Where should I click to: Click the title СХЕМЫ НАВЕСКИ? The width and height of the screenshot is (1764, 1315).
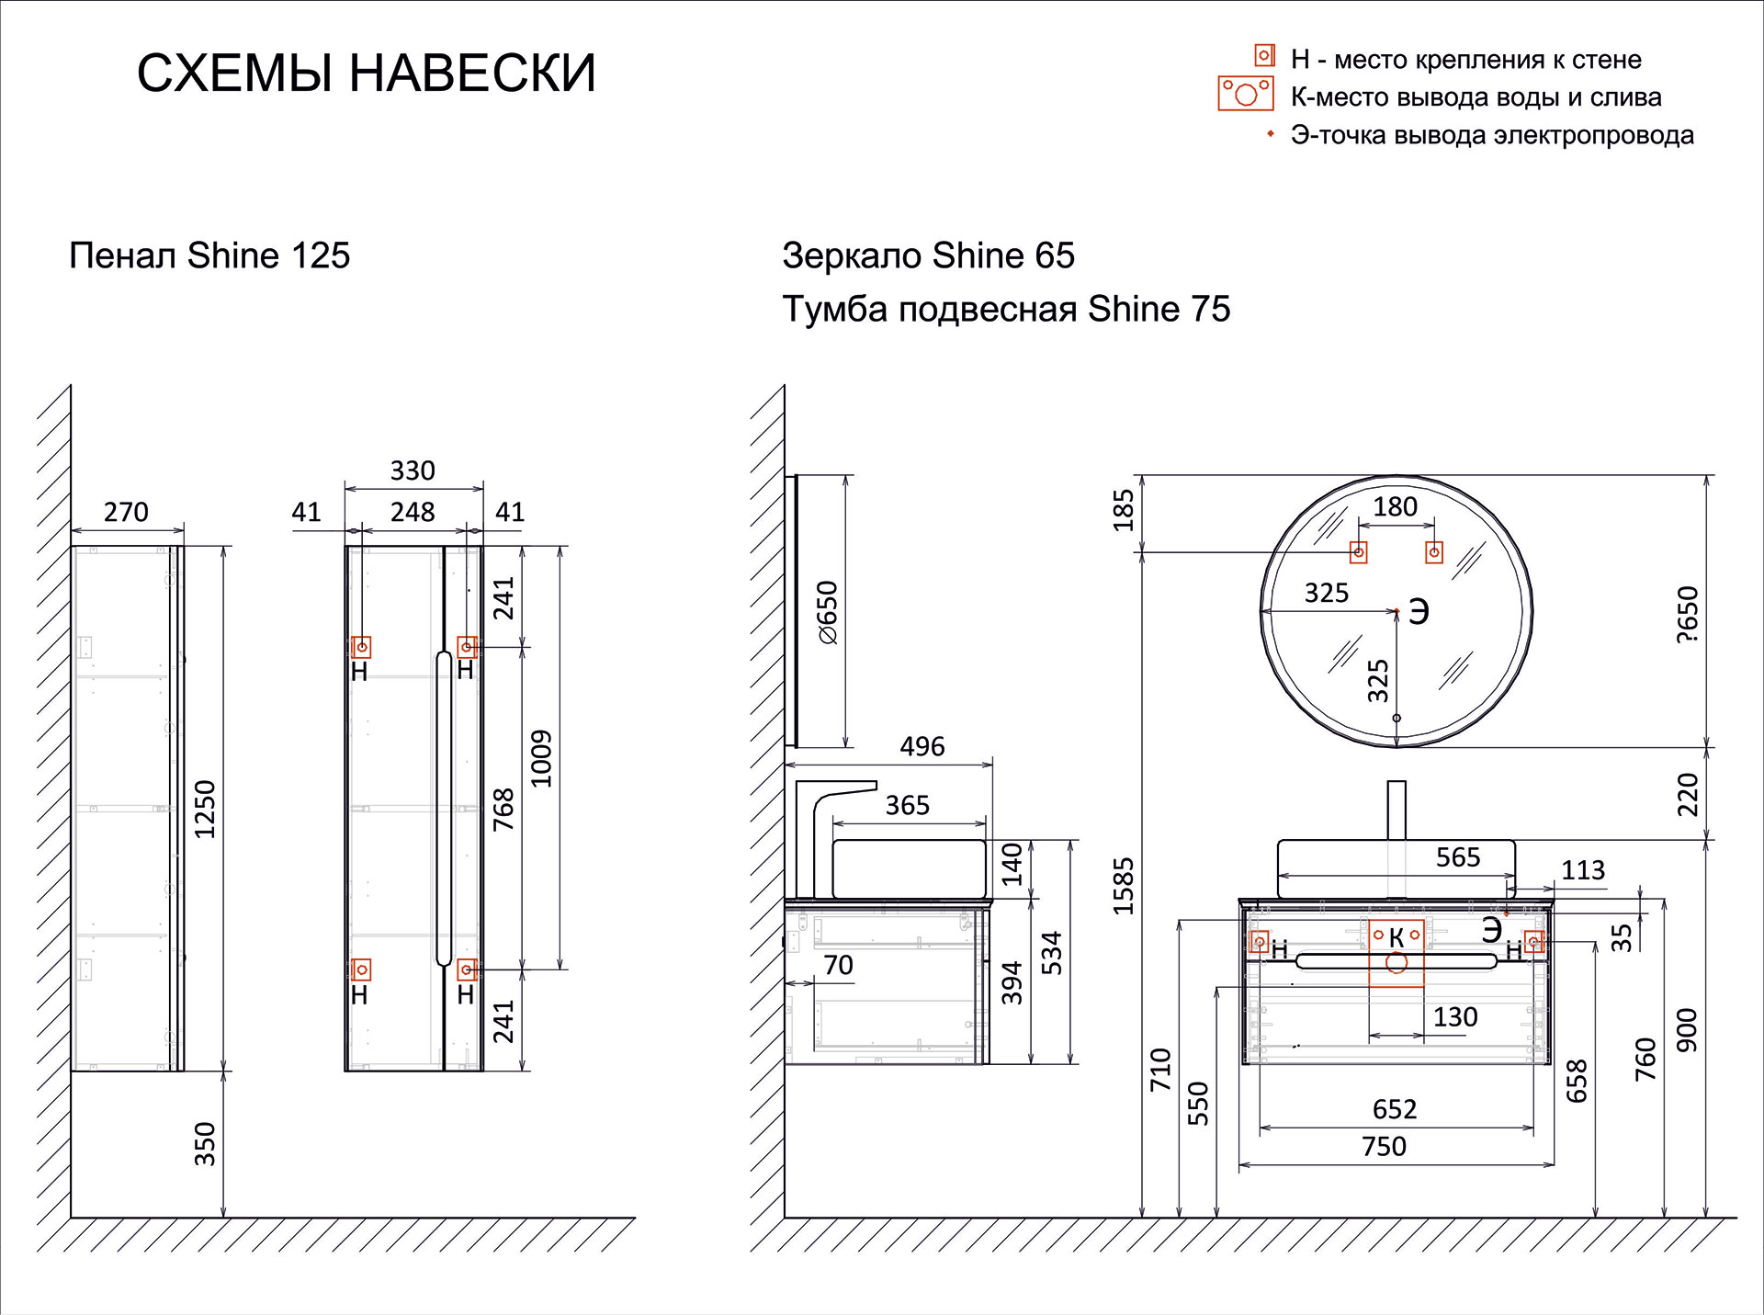pos(366,73)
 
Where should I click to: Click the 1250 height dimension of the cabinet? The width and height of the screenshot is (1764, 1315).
pos(205,809)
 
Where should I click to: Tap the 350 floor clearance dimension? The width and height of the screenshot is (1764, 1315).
pos(205,1144)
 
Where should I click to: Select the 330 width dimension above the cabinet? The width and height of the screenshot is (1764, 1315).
pos(413,470)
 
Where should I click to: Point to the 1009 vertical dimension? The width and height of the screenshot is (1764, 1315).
pos(541,758)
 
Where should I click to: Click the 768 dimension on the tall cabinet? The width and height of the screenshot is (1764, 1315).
pos(503,809)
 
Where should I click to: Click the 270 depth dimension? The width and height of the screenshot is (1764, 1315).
pos(126,512)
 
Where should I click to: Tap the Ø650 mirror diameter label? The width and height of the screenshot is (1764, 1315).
pos(828,612)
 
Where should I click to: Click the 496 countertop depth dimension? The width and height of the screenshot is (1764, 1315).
pos(922,746)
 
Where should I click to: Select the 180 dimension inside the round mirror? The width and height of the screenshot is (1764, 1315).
pos(1395,506)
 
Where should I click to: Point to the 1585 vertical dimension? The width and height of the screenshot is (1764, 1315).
pos(1124,886)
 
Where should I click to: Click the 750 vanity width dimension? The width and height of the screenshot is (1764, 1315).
pos(1384,1146)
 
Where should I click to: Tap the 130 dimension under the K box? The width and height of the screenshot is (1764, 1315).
pos(1455,1016)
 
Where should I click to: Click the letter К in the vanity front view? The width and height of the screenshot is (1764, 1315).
pos(1396,937)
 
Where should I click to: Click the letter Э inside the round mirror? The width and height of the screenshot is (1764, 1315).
pos(1419,612)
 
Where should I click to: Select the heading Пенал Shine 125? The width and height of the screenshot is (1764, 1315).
pos(209,255)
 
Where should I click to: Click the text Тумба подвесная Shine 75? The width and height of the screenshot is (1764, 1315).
pos(1005,309)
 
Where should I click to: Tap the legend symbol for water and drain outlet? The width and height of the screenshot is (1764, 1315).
pos(1245,94)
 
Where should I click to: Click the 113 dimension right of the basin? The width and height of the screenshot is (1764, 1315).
pos(1583,869)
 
